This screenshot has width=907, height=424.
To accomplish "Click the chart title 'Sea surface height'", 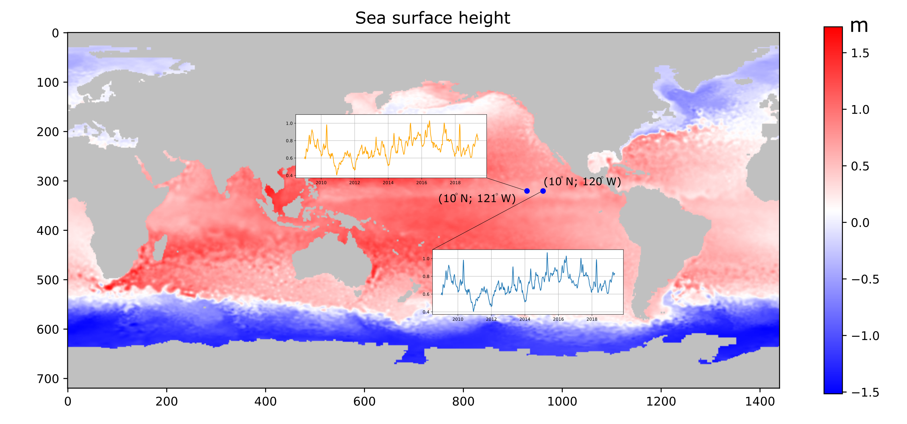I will pyautogui.click(x=432, y=18).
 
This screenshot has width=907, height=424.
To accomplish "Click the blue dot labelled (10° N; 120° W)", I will pyautogui.click(x=543, y=191).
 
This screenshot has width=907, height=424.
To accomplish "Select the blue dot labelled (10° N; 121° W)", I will pyautogui.click(x=527, y=191).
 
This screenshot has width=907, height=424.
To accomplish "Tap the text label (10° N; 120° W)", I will pyautogui.click(x=582, y=182).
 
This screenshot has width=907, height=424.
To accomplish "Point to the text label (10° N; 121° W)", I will pyautogui.click(x=477, y=198).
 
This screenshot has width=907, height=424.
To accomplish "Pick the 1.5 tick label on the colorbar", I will pyautogui.click(x=860, y=53).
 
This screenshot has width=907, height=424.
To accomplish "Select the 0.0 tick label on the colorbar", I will pyautogui.click(x=860, y=223).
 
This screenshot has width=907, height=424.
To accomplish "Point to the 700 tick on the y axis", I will pyautogui.click(x=48, y=379).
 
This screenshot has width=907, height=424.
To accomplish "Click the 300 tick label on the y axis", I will pyautogui.click(x=48, y=181).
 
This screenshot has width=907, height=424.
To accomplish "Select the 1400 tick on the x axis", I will pyautogui.click(x=760, y=401).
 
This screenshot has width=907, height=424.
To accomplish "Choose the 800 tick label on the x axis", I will pyautogui.click(x=463, y=401).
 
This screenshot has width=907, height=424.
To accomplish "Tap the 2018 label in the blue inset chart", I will pyautogui.click(x=592, y=319).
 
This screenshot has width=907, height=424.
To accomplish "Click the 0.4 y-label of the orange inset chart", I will pyautogui.click(x=289, y=175).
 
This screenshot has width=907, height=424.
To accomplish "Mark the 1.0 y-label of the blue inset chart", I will pyautogui.click(x=426, y=259).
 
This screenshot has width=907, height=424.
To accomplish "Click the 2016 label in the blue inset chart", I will pyautogui.click(x=558, y=319).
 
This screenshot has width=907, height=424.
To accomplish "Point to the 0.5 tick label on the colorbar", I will pyautogui.click(x=860, y=166).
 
